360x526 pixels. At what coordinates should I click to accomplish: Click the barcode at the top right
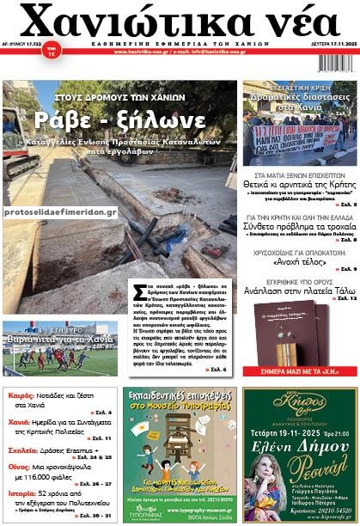point(335,62)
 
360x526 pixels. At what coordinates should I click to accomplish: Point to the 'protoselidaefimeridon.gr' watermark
point(59,211)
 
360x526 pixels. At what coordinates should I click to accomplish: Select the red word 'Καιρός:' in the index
point(21,397)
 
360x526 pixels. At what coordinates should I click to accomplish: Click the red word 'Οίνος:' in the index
point(20,466)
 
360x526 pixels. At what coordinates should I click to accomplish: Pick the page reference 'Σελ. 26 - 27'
point(95,485)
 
